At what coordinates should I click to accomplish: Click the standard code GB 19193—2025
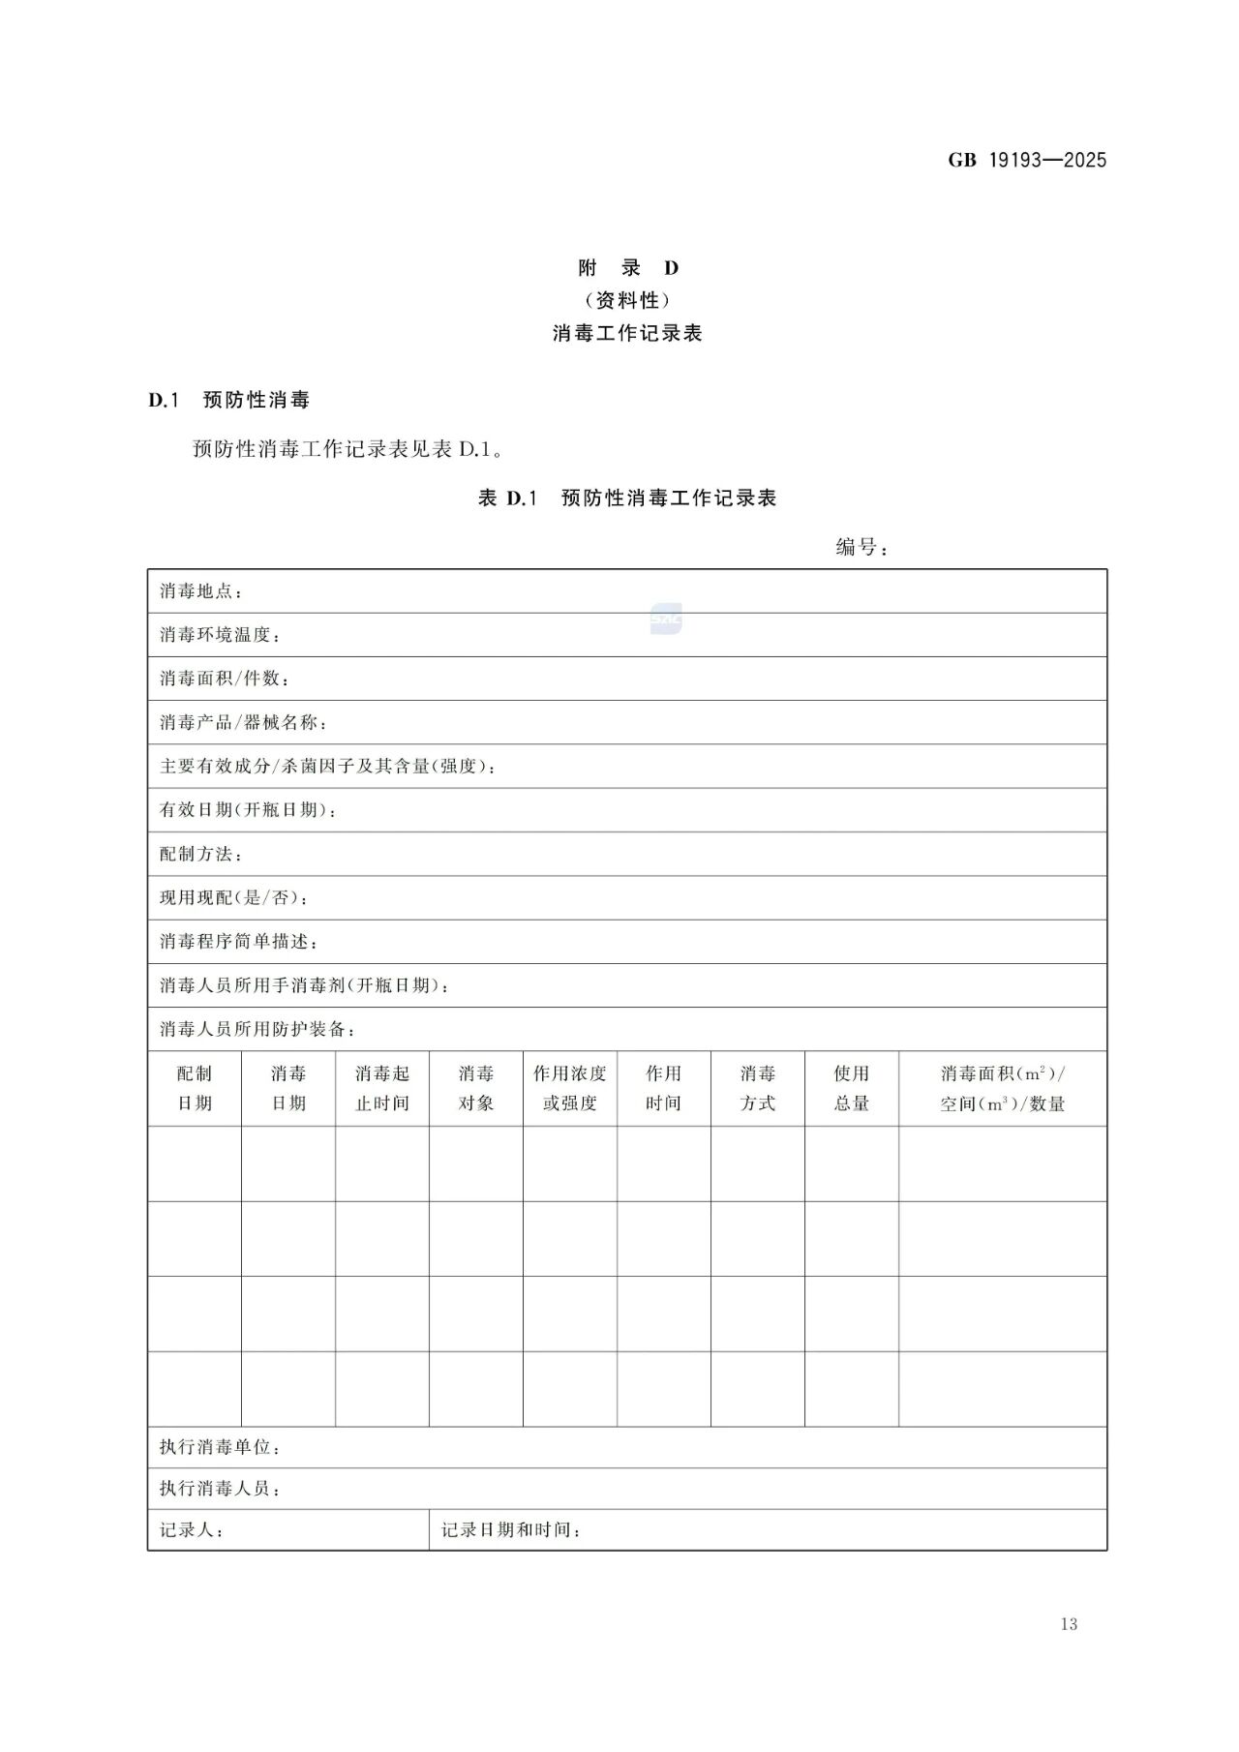(1026, 160)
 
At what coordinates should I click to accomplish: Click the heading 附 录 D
(627, 268)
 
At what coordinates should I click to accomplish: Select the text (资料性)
(627, 300)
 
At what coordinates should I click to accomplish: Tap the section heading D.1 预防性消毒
(228, 400)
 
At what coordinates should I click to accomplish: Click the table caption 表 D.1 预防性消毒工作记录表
(627, 498)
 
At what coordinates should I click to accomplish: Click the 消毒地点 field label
(200, 591)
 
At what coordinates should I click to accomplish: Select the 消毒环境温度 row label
(220, 635)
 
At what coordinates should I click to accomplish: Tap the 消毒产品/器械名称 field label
(243, 722)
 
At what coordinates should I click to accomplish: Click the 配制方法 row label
(200, 854)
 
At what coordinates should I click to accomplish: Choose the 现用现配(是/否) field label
(233, 897)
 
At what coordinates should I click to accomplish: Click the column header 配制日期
(194, 1088)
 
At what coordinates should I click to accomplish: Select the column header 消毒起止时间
(381, 1088)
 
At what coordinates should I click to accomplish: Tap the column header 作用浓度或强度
(569, 1088)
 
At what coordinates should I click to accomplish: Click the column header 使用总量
(851, 1088)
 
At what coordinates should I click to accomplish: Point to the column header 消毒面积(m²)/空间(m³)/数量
(1002, 1088)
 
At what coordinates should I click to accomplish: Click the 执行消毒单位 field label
(220, 1447)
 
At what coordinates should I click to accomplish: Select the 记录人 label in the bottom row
(191, 1530)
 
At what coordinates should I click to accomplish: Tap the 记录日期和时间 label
(510, 1530)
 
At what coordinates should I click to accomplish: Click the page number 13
(1069, 1624)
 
